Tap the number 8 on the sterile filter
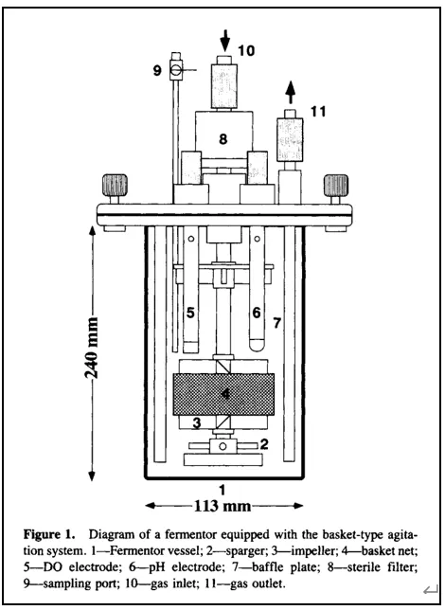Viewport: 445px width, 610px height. pyautogui.click(x=223, y=138)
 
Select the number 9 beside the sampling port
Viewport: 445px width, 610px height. pyautogui.click(x=157, y=69)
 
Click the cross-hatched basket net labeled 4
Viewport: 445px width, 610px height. pyautogui.click(x=223, y=389)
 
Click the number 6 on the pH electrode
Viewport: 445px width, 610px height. pyautogui.click(x=256, y=311)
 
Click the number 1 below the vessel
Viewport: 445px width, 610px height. pyautogui.click(x=222, y=490)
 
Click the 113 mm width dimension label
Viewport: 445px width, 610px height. pyautogui.click(x=224, y=505)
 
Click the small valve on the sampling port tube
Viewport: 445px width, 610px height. pyautogui.click(x=176, y=69)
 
